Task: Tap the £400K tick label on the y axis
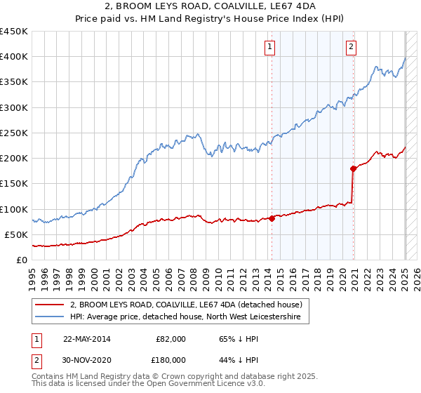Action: coord(14,57)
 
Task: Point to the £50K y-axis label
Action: coord(17,234)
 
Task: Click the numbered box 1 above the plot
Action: coord(269,48)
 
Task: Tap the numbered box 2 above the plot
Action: coord(351,48)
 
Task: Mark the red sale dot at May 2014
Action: coord(272,218)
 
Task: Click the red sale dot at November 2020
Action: coord(353,168)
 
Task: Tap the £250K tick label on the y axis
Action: coord(14,133)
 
